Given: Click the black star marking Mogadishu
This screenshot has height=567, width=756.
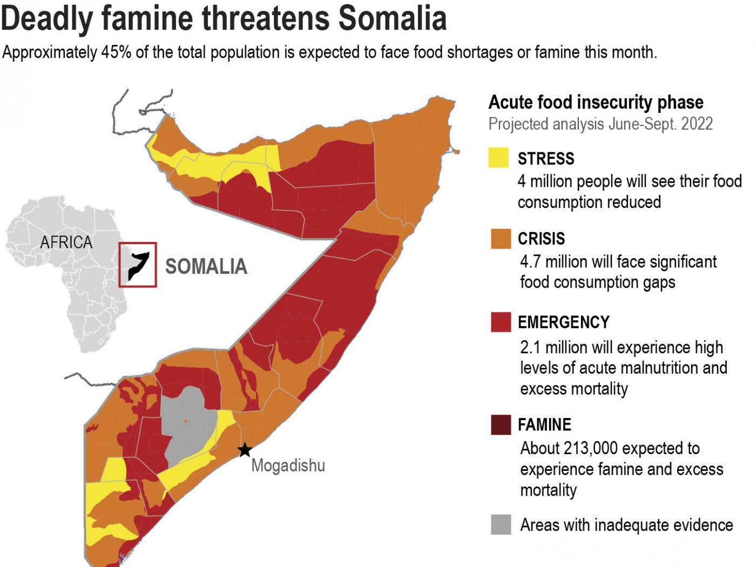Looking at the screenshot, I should pyautogui.click(x=245, y=449).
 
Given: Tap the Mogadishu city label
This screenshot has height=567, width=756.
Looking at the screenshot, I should pyautogui.click(x=288, y=465).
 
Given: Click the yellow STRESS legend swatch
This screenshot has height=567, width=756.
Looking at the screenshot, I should pyautogui.click(x=498, y=158).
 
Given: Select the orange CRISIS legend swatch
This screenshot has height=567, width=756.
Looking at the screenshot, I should pyautogui.click(x=501, y=239).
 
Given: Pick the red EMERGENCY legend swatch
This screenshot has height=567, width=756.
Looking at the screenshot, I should pyautogui.click(x=501, y=322).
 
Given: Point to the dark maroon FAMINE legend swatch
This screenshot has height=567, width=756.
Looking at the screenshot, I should pyautogui.click(x=501, y=424).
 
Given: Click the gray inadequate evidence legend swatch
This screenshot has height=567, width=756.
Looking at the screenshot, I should pyautogui.click(x=501, y=524).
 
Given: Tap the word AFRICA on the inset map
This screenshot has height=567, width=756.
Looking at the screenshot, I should pyautogui.click(x=66, y=242).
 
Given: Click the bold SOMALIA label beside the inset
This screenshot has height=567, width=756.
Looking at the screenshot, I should pyautogui.click(x=206, y=267).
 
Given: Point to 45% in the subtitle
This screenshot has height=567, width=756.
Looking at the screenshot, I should pyautogui.click(x=116, y=52).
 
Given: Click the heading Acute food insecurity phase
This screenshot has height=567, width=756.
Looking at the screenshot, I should pyautogui.click(x=596, y=102).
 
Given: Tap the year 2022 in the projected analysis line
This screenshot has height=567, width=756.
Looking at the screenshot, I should pyautogui.click(x=697, y=124).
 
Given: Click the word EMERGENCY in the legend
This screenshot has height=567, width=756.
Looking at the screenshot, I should pyautogui.click(x=563, y=322).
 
